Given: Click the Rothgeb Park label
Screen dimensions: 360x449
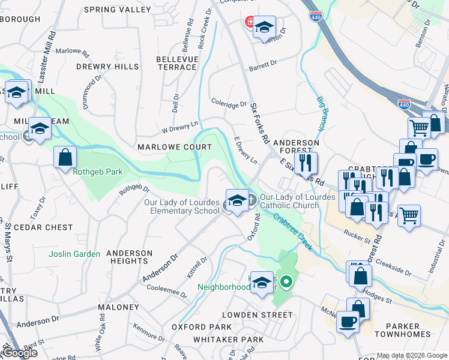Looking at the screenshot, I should pyautogui.click(x=97, y=172).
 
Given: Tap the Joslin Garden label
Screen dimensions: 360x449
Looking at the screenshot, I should pyautogui.click(x=75, y=254).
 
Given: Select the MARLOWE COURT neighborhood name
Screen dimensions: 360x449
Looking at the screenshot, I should pyautogui.click(x=174, y=147).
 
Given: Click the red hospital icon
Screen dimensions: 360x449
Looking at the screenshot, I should pyautogui.click(x=249, y=23).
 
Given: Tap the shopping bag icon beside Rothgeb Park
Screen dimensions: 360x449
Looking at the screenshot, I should pyautogui.click(x=65, y=158).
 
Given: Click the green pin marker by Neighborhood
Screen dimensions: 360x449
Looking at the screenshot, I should pyautogui.click(x=287, y=281).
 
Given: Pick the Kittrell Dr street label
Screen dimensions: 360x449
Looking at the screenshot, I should pyautogui.click(x=197, y=268).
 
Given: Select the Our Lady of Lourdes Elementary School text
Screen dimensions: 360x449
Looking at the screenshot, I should pyautogui.click(x=182, y=206).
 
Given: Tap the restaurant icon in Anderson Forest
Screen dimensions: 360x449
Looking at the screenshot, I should pyautogui.click(x=306, y=163).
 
